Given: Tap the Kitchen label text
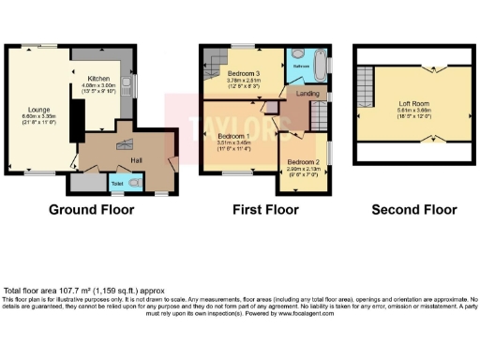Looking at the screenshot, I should pyautogui.click(x=99, y=79).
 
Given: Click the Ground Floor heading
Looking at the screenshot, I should pyautogui.click(x=91, y=209).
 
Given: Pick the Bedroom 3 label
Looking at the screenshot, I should pyautogui.click(x=246, y=70).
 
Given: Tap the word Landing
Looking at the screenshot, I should pyautogui.click(x=306, y=94).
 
